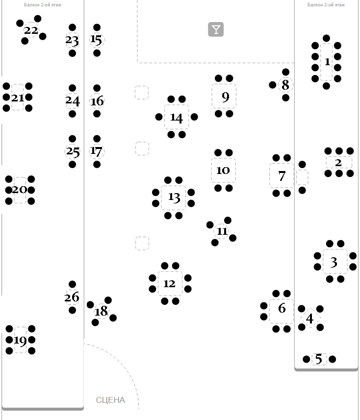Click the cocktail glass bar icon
(216, 29)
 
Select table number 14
(176, 118)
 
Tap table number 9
(225, 97)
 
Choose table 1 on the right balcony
(327, 62)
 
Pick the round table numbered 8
(285, 85)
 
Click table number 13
(174, 198)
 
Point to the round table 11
(222, 231)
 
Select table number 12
(170, 284)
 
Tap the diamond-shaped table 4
(309, 319)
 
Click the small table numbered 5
(319, 359)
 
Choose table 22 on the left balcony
(31, 30)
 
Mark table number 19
(20, 340)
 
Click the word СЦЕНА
(110, 400)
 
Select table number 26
(72, 297)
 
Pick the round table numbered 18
(101, 311)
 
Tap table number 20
(20, 190)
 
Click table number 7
(282, 176)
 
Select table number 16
(97, 101)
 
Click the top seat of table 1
(327, 38)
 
